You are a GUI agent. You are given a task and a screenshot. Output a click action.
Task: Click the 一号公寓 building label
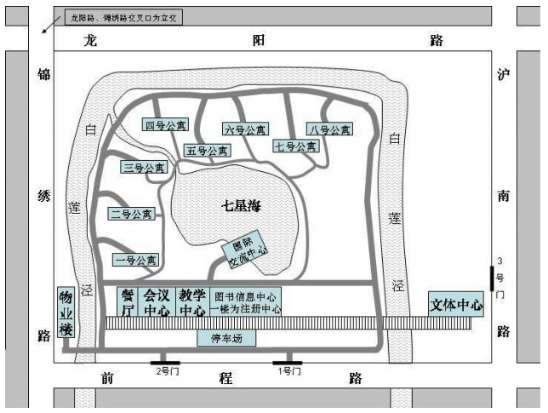[x=135, y=260]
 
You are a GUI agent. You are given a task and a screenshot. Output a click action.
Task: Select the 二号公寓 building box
[x=132, y=214]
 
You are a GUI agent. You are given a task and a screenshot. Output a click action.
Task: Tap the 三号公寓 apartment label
[x=143, y=168]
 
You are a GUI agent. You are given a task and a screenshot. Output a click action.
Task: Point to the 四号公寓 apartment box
[x=164, y=125]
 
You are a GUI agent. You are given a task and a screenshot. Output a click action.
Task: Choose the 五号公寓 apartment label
[x=208, y=151]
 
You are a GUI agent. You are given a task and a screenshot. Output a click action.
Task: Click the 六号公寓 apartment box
[x=245, y=129]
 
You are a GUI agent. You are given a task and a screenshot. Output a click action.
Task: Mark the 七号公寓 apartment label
[x=295, y=146]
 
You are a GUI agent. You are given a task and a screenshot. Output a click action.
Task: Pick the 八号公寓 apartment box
[x=329, y=129]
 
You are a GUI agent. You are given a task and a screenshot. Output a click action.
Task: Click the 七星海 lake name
[x=239, y=204]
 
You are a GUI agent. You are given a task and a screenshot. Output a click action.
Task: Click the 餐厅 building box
[x=128, y=302]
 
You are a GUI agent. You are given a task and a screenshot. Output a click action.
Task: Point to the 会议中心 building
[x=157, y=302]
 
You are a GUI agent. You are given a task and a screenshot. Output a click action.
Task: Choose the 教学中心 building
[x=192, y=302]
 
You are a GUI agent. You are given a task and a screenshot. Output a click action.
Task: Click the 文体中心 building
[x=456, y=304]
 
